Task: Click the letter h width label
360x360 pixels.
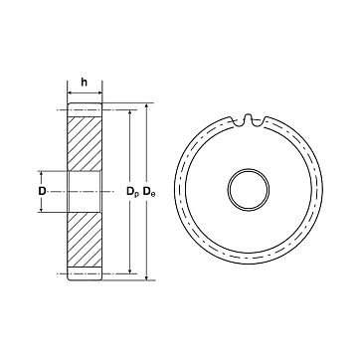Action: (x=85, y=83)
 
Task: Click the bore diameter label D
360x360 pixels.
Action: (x=42, y=191)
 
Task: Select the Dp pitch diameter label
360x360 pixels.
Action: (x=132, y=192)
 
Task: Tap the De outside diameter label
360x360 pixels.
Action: (x=149, y=192)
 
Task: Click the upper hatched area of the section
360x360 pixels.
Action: (x=85, y=144)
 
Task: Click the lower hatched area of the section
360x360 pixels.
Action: (x=85, y=240)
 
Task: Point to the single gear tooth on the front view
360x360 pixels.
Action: (x=248, y=119)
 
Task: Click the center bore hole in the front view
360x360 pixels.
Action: (x=249, y=190)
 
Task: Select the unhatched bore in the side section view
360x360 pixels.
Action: (x=85, y=192)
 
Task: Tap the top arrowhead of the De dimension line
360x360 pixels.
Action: (x=147, y=106)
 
